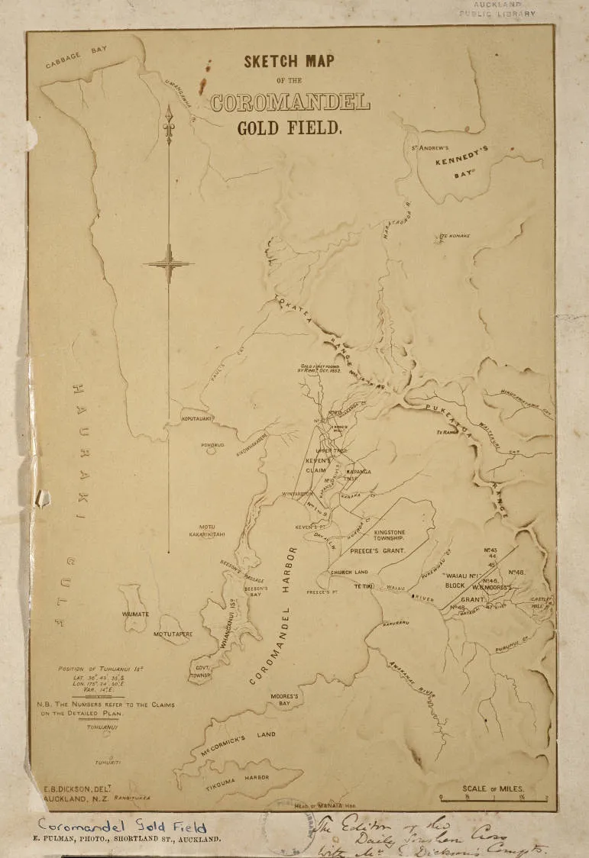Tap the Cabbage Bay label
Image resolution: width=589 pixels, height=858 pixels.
[x=76, y=56]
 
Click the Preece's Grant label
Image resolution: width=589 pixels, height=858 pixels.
[x=376, y=549]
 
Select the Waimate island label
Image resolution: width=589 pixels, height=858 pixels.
[x=134, y=613]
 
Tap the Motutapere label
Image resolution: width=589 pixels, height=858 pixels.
[x=173, y=634]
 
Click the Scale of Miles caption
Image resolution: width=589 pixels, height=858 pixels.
[x=492, y=789]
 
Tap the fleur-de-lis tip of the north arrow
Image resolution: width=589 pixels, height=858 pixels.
[x=169, y=115]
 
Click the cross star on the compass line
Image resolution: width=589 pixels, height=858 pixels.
[x=169, y=264]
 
